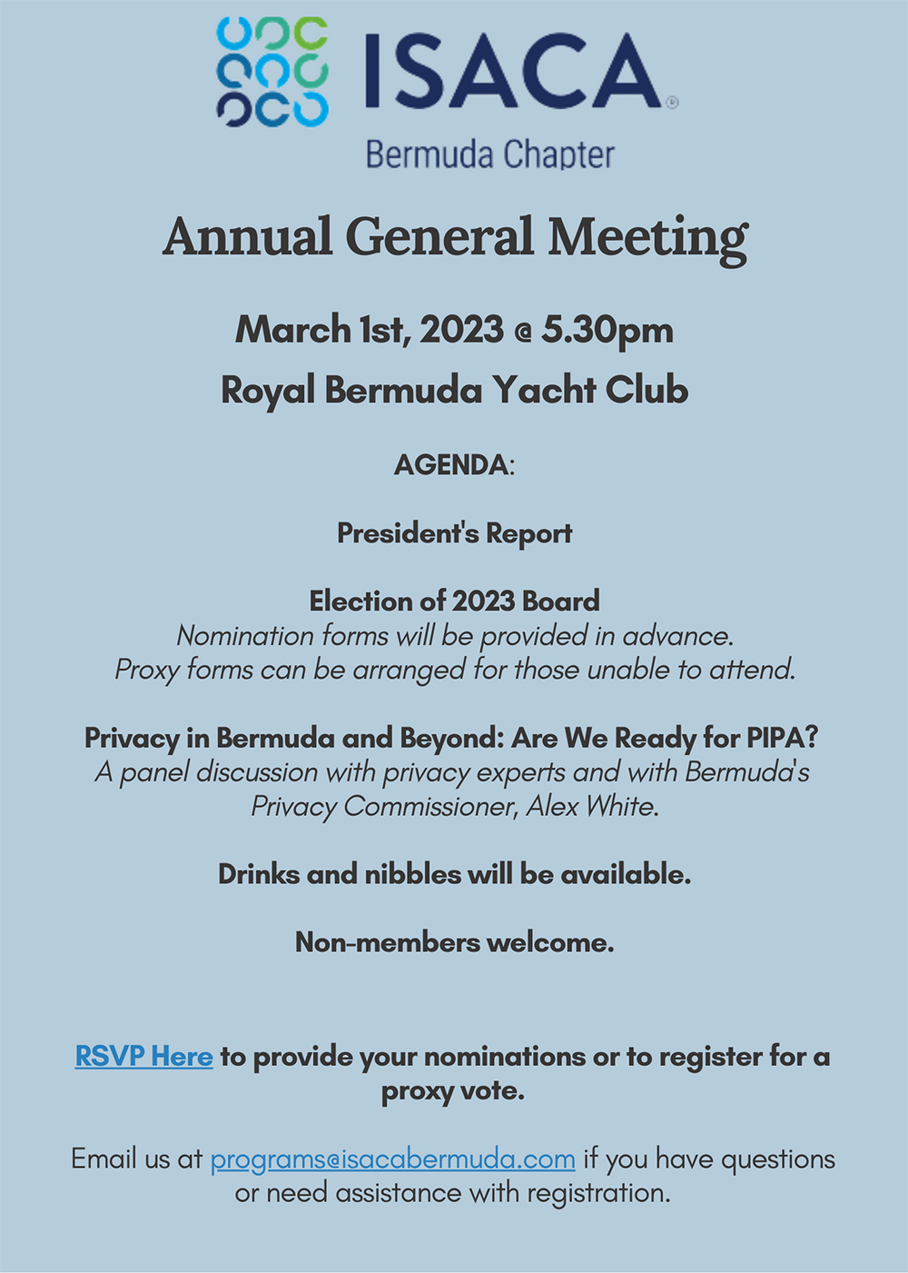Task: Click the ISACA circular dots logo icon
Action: tap(271, 71)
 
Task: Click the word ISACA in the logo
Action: tap(513, 72)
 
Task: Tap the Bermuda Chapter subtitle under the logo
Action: tap(489, 154)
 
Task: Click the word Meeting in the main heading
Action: tap(647, 238)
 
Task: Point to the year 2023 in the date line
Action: tap(461, 330)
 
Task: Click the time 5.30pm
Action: tap(607, 330)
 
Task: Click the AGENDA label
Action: tap(451, 465)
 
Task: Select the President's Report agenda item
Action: tap(454, 533)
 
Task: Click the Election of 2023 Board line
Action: tap(454, 601)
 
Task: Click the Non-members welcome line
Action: tap(454, 942)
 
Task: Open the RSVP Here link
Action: tap(143, 1057)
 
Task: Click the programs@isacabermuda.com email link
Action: tap(392, 1159)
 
